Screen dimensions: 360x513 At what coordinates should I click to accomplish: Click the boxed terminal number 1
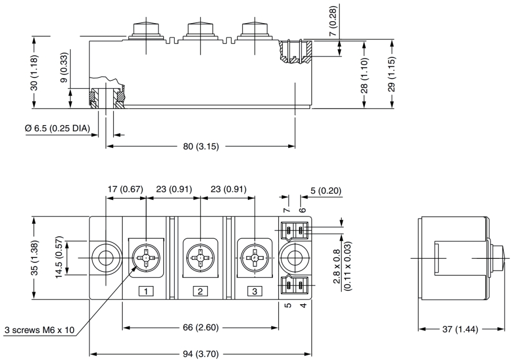(x=146, y=291)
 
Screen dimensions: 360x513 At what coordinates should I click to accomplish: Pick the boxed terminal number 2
(x=200, y=291)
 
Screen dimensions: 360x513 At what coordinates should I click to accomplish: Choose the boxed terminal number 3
(x=255, y=291)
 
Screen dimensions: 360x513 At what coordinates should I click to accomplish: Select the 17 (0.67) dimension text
(x=125, y=189)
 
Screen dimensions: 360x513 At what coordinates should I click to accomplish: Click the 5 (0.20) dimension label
(x=325, y=191)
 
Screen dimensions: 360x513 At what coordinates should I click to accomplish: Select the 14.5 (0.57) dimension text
(x=59, y=258)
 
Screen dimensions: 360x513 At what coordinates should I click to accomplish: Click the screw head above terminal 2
(x=200, y=257)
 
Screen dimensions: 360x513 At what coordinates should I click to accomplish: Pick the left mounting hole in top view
(x=103, y=258)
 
